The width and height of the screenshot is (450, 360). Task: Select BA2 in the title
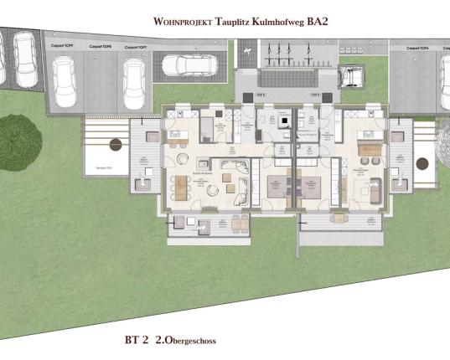316,23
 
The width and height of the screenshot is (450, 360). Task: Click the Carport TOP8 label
101,48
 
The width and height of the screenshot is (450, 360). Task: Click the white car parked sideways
190,64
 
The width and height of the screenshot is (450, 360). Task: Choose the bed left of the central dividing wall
274,190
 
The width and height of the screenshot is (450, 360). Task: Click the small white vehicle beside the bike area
350,76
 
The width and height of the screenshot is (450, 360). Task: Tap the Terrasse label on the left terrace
106,168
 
